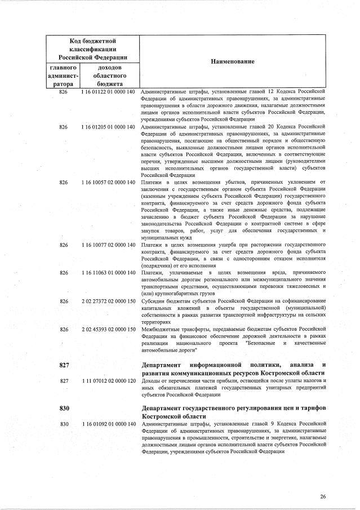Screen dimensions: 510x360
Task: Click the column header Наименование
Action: click(x=233, y=61)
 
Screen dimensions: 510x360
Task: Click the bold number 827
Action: click(x=64, y=365)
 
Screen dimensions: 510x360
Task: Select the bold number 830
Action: click(x=64, y=407)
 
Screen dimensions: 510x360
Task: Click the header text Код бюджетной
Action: click(x=92, y=41)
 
